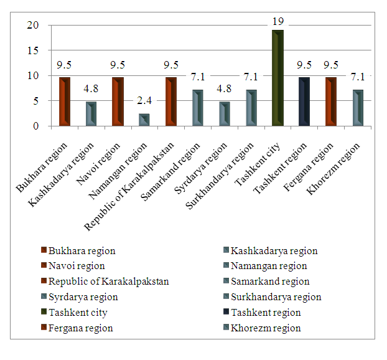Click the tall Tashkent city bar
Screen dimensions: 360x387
[277, 78]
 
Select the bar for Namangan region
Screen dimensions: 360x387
[144, 120]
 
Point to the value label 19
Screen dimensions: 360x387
[278, 22]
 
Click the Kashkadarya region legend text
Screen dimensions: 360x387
[274, 251]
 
